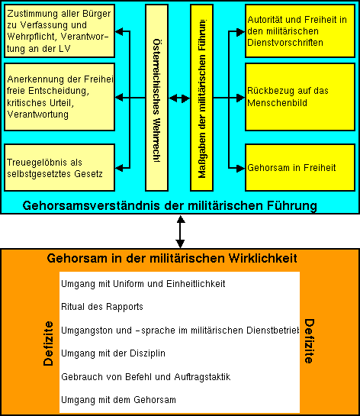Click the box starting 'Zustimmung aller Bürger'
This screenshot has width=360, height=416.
58,31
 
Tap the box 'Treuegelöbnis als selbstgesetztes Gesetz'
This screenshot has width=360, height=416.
58,167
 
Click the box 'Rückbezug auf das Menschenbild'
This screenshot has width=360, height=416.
300,97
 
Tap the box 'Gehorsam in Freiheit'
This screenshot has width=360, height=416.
300,166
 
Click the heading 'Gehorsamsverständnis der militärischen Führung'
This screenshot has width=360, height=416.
169,205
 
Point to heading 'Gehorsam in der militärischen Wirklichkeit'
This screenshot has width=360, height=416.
172,259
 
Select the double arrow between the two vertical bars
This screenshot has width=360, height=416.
179,98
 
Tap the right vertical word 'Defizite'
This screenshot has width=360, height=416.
309,341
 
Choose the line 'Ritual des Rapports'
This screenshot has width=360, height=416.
101,307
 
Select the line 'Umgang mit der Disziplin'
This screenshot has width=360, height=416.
112,353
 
